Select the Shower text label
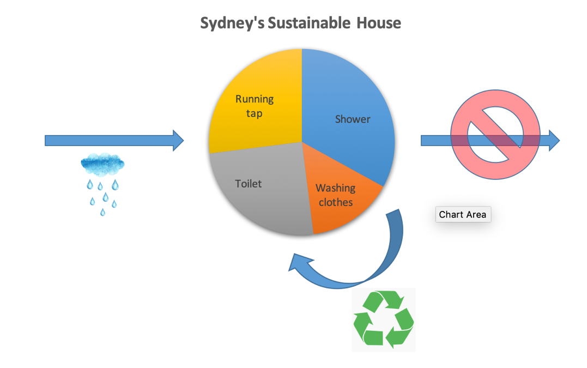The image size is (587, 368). (x=352, y=119)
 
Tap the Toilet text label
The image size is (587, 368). (x=248, y=184)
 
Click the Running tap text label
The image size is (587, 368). (x=255, y=106)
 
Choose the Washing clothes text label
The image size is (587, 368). (x=336, y=195)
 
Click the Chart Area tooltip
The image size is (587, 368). (x=463, y=214)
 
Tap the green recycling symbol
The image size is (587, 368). (x=384, y=319)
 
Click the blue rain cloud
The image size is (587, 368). (x=102, y=164)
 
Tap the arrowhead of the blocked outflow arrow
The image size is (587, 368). (x=553, y=141)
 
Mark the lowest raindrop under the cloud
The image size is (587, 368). (x=102, y=212)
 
